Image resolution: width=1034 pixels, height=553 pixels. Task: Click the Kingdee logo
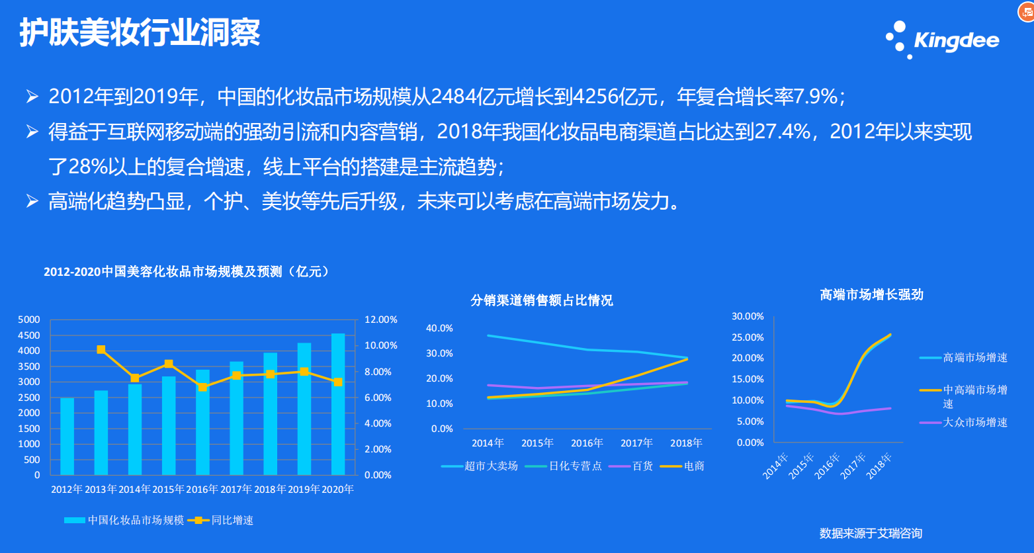tap(942, 40)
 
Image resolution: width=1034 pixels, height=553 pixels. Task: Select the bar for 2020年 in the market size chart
tap(338, 404)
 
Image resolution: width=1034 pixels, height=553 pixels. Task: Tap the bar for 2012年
tap(67, 437)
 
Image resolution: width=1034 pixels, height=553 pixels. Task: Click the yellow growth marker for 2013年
tap(101, 349)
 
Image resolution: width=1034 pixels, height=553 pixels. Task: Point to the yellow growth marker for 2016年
tap(202, 387)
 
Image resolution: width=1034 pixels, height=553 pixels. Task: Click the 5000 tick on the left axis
tap(28, 319)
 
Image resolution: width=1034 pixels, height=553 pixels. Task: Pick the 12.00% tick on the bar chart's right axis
tap(381, 319)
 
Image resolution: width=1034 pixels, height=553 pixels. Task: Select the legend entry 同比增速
tap(221, 520)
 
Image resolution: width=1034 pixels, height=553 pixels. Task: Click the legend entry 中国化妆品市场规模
tap(124, 520)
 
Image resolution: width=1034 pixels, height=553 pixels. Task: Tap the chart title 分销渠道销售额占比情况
tap(541, 300)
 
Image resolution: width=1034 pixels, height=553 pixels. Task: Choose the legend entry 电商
tap(683, 466)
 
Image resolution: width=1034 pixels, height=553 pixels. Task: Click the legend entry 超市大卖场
tap(480, 466)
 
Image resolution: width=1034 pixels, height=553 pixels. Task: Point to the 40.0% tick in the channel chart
tap(439, 328)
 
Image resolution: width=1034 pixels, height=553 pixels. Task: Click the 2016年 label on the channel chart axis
tap(587, 443)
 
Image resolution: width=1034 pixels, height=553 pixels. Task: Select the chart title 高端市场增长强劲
tap(871, 294)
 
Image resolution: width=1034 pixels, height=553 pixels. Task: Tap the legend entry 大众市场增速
tap(963, 423)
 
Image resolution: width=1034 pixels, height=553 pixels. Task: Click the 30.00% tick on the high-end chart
tap(748, 316)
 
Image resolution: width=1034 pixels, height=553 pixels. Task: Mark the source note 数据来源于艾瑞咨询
tap(871, 534)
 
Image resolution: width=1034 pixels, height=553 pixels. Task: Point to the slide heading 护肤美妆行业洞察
tap(140, 32)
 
